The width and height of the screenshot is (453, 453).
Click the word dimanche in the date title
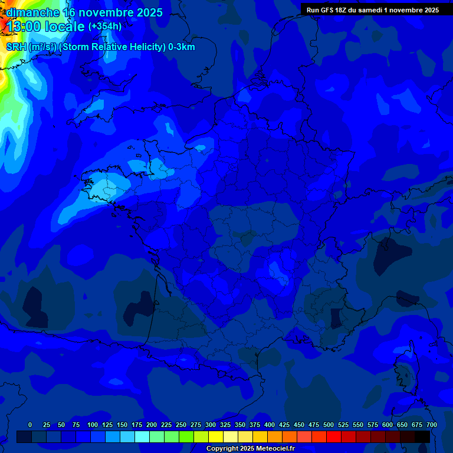(x=32, y=12)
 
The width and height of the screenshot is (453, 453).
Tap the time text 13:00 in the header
(x=24, y=27)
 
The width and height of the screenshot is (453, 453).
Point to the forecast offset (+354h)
(x=105, y=27)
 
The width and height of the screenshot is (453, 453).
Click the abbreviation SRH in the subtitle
(x=16, y=47)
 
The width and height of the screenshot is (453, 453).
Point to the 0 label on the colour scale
(x=30, y=425)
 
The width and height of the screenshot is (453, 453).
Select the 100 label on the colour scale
(x=93, y=425)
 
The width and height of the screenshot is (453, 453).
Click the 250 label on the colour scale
(x=181, y=425)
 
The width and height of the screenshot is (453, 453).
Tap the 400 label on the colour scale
(x=270, y=425)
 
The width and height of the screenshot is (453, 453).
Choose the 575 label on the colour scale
(x=373, y=425)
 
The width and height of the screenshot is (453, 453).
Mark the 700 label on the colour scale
(x=431, y=425)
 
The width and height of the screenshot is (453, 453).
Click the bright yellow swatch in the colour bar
(x=216, y=436)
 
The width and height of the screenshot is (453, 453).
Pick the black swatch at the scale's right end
(x=422, y=436)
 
